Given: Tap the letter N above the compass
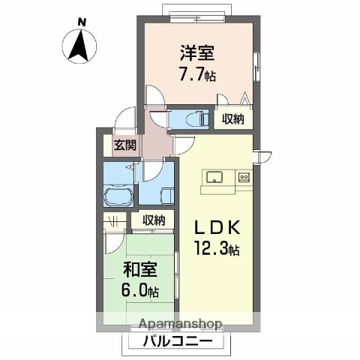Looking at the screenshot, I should (82, 22).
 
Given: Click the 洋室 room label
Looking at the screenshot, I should (196, 53).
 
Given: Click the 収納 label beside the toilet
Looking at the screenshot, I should (232, 118).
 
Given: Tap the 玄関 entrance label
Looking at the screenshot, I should (124, 146).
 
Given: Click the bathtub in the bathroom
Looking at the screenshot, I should (118, 199).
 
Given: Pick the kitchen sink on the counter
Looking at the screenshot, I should (214, 178).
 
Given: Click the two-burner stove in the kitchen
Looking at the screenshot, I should (243, 178).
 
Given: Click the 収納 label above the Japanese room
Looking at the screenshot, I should (153, 220).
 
